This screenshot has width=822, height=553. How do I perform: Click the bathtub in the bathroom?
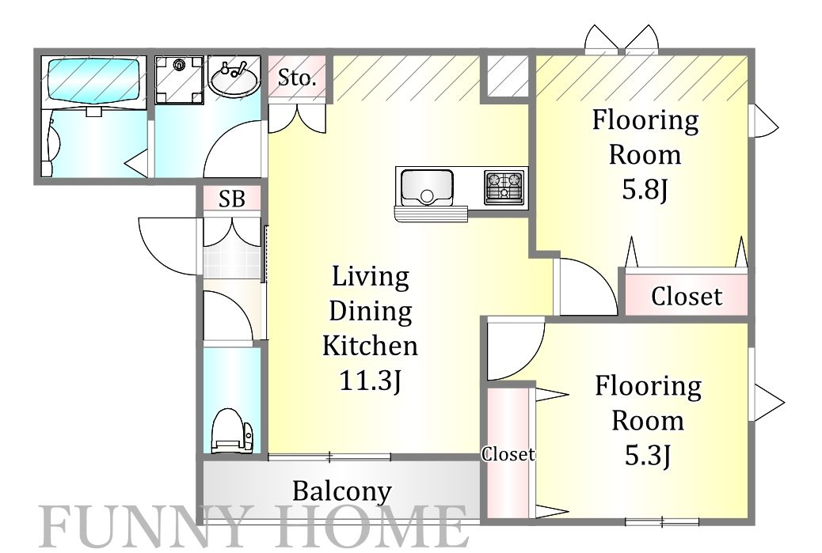[x=93, y=81]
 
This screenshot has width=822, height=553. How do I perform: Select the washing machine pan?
[x=179, y=80]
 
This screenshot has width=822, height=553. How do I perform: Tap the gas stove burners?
[x=504, y=186]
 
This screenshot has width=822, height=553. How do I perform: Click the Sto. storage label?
[x=297, y=78]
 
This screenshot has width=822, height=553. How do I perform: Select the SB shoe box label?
[x=232, y=199]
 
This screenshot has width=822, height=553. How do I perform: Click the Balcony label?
[x=342, y=491]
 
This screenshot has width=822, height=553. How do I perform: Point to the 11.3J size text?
[x=371, y=381]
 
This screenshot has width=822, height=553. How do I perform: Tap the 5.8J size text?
[x=645, y=189]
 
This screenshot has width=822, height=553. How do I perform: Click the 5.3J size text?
[x=648, y=455]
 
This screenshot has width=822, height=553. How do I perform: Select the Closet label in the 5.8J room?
[x=687, y=297]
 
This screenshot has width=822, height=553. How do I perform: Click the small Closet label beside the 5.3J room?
[x=508, y=454]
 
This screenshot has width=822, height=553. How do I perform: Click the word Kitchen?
[x=370, y=346]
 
